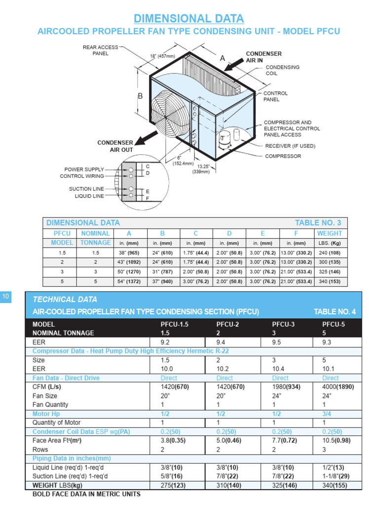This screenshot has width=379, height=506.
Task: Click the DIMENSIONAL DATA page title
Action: pyautogui.click(x=189, y=19)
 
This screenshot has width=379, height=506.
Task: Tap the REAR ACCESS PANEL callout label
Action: pyautogui.click(x=100, y=50)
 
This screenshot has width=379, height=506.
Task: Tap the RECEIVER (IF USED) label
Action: pyautogui.click(x=290, y=146)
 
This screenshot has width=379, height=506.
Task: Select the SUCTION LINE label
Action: pyautogui.click(x=87, y=189)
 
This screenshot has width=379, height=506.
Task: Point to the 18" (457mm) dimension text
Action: pyautogui.click(x=162, y=56)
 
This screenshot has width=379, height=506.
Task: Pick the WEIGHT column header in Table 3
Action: pyautogui.click(x=329, y=233)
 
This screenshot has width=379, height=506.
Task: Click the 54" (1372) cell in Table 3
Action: pyautogui.click(x=130, y=281)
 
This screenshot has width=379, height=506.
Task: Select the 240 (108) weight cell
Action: pyautogui.click(x=329, y=252)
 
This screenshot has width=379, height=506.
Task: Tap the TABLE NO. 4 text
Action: pyautogui.click(x=335, y=311)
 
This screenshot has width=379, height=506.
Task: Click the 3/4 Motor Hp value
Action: pyautogui.click(x=327, y=414)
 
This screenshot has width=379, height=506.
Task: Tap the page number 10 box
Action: pyautogui.click(x=6, y=296)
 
